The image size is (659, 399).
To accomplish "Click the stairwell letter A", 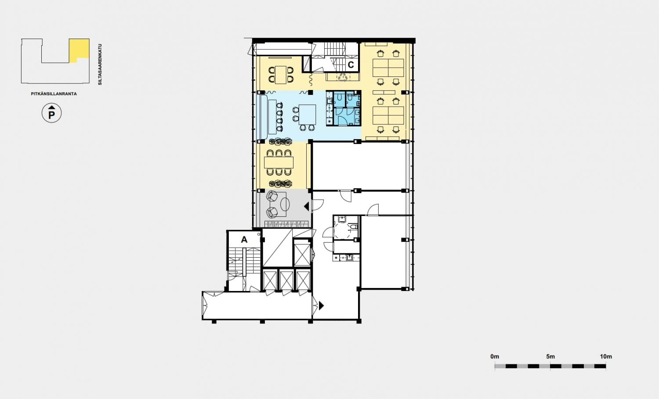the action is click(244, 240).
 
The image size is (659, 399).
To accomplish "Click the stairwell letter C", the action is click(351, 65).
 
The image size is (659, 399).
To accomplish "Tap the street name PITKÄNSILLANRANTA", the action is click(54, 94).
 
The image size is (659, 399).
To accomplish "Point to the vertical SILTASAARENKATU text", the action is click(100, 65).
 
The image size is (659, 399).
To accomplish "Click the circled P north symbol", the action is click(51, 113).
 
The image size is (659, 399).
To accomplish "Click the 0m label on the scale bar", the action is click(495, 356).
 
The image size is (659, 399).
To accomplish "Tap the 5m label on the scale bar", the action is click(550, 356).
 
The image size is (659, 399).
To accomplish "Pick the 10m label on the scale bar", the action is click(606, 356).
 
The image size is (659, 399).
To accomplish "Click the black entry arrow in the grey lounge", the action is click(306, 206).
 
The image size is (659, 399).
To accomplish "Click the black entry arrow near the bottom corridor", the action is click(321, 306).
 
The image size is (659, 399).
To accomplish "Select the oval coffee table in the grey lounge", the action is click(285, 204).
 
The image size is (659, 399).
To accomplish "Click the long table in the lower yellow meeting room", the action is click(279, 162).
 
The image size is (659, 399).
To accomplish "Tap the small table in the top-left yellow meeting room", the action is click(281, 75).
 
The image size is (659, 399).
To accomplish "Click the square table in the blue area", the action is click(308, 115).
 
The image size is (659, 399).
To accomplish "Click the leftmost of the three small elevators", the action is click(270, 280).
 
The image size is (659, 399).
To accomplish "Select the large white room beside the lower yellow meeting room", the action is click(359, 166).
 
